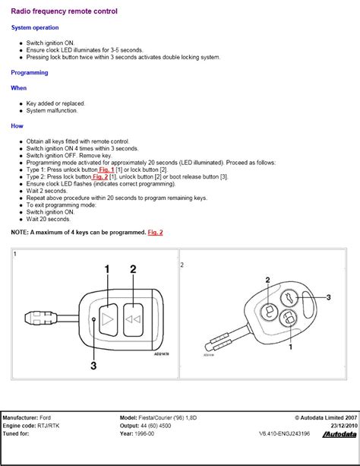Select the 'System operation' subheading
(x=35, y=27)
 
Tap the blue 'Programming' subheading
(x=30, y=73)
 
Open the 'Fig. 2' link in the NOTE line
(x=155, y=232)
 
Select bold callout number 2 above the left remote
(x=133, y=269)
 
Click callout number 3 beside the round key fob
(x=328, y=297)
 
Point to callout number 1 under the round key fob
(x=290, y=347)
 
